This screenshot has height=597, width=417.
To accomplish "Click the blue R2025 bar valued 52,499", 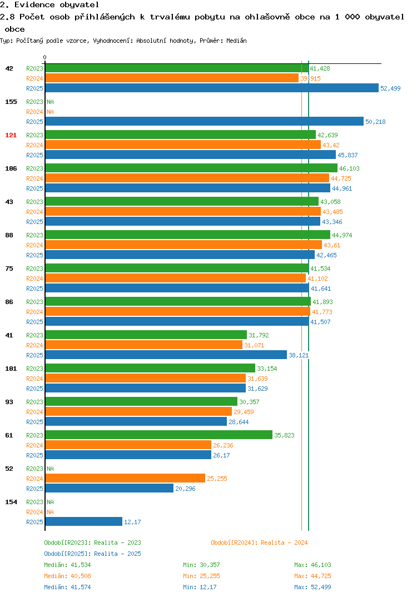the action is [x=212, y=88].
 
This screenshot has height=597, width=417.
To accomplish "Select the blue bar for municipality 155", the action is [x=205, y=121].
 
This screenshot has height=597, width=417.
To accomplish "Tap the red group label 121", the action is [x=11, y=135].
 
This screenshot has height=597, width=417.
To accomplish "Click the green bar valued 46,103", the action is [x=191, y=168].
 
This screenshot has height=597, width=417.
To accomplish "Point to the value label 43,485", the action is [x=332, y=212].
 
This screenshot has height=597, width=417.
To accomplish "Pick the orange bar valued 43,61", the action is [x=183, y=245].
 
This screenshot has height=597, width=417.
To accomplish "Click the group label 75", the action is [x=9, y=268].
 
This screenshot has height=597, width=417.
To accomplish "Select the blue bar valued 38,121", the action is [x=166, y=355].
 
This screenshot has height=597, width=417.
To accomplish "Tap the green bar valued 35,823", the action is [x=159, y=435].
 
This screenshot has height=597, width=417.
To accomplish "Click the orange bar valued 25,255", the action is [x=125, y=478].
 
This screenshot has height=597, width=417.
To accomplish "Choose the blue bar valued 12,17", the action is [x=84, y=521].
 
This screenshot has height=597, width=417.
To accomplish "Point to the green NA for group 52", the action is [x=50, y=469].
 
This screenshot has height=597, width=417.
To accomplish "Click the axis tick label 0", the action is [x=44, y=57].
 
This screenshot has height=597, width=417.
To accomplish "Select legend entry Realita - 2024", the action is [x=259, y=543].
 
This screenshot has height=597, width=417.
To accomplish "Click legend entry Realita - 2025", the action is [x=92, y=554].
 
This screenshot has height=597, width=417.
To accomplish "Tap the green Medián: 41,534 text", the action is [x=67, y=565].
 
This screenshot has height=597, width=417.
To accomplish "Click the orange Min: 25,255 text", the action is [x=201, y=576].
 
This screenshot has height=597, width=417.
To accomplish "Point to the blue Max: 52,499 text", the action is [x=312, y=587].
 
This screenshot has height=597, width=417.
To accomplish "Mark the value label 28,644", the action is [x=239, y=422].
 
